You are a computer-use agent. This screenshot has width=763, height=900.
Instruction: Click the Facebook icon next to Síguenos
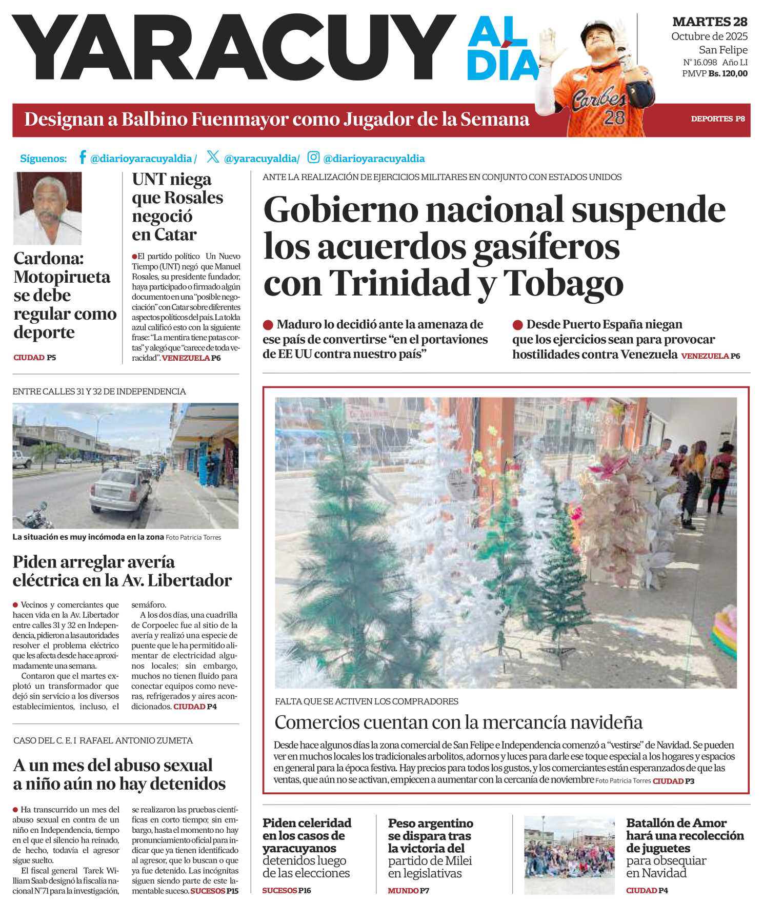[x=82, y=157]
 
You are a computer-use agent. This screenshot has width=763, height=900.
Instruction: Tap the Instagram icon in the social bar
[x=313, y=157]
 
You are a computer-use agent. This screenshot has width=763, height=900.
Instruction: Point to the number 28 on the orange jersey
[x=614, y=118]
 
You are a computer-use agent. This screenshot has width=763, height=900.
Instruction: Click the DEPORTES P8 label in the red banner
[x=717, y=119]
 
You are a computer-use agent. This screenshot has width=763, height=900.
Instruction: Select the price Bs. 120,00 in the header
[x=728, y=74]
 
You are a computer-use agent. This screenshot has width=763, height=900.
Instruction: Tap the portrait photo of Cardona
[x=48, y=208]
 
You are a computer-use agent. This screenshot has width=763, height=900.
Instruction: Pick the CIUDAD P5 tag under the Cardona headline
[x=35, y=358]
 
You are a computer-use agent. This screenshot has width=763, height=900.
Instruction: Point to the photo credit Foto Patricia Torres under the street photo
[x=193, y=538]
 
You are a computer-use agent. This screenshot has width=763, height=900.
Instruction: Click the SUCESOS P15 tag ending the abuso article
[x=214, y=891]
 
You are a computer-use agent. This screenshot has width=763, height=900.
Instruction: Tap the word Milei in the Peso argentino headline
[x=454, y=860]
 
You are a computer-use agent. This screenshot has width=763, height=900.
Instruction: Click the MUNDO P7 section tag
[x=408, y=891]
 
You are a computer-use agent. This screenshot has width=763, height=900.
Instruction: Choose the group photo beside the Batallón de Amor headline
[x=569, y=855]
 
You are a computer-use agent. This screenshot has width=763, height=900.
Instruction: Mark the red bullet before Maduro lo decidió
[x=268, y=325]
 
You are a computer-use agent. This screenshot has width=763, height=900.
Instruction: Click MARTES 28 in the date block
[x=710, y=22]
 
